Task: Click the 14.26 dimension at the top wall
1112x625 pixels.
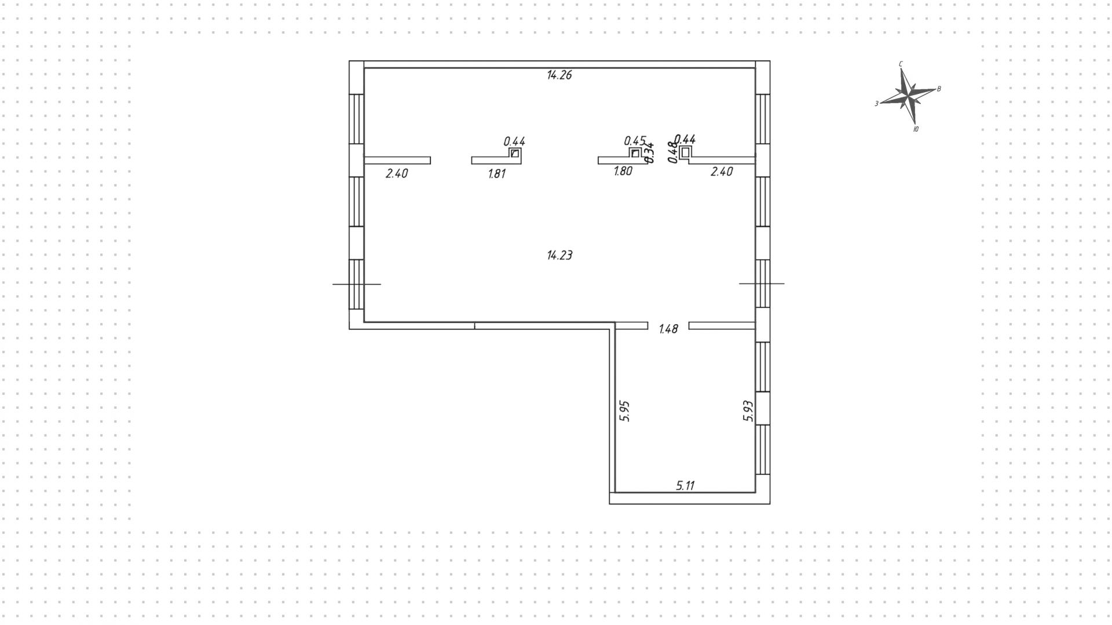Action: point(559,75)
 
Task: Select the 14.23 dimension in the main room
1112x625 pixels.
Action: point(559,255)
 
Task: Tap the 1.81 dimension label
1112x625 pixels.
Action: point(497,173)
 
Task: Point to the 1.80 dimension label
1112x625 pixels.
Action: point(623,172)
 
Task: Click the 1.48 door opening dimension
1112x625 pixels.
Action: point(668,329)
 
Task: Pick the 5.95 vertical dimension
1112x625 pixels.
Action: point(624,410)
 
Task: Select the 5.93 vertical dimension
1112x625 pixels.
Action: point(748,410)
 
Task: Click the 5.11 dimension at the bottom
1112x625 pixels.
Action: point(685,486)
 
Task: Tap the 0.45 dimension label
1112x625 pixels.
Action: point(635,141)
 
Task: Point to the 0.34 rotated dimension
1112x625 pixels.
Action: point(650,152)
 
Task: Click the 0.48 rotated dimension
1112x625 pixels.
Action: point(672,152)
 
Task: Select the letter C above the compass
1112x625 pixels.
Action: point(901,64)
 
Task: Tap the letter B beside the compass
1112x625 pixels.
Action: point(939,89)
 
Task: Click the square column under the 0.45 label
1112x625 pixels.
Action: point(635,154)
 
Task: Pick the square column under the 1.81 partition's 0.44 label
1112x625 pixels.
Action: point(515,154)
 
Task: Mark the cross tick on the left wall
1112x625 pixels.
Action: point(357,284)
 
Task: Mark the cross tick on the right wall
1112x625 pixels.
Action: point(762,284)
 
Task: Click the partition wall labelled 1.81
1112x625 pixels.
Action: point(493,161)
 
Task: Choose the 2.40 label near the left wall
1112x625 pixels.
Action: point(397,173)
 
